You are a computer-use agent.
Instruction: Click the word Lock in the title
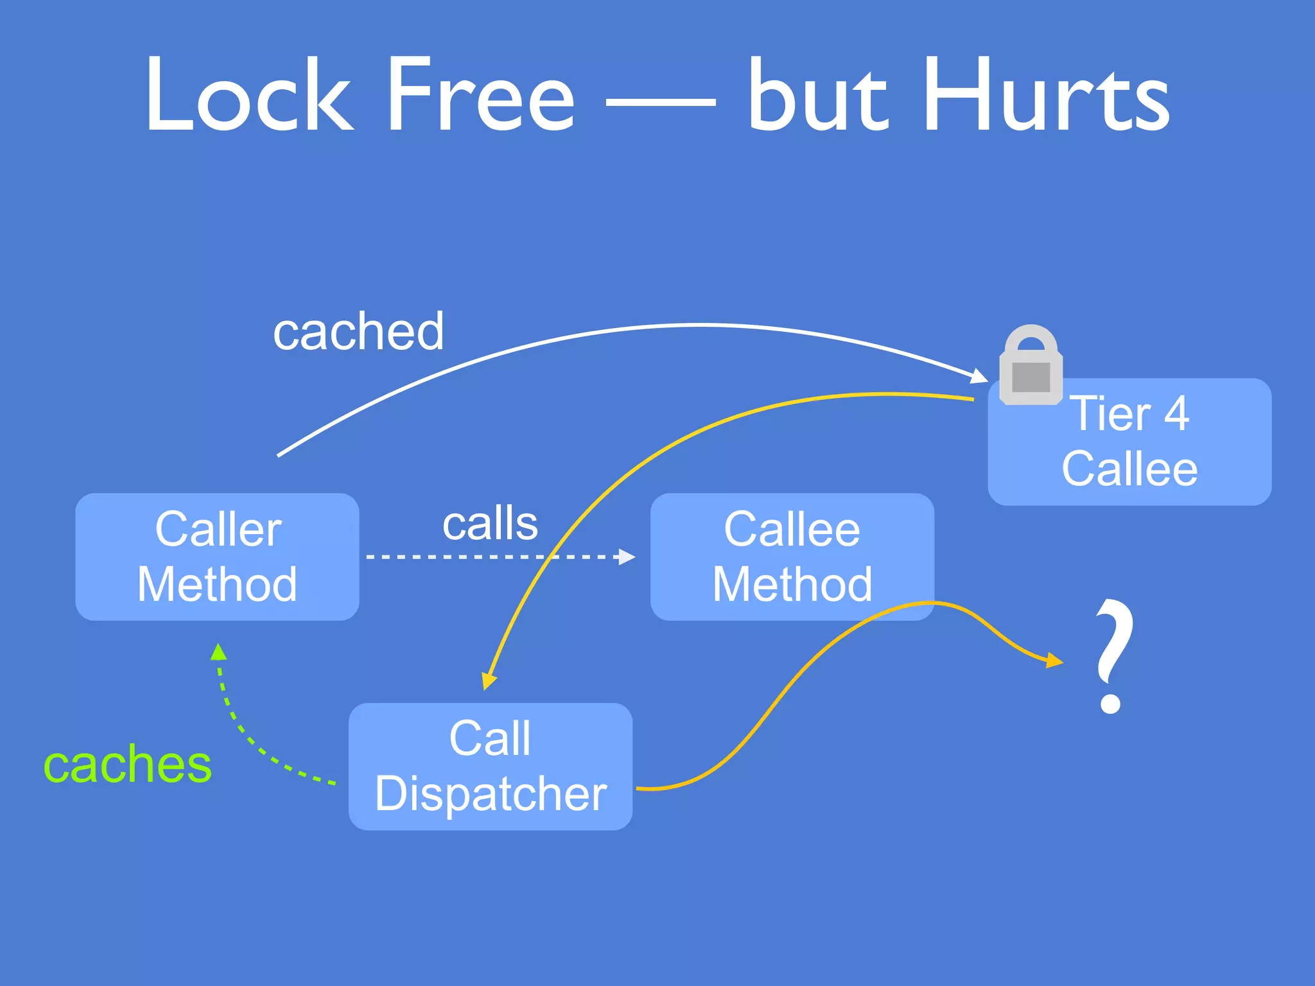coord(249,95)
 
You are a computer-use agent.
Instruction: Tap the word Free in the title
coord(480,95)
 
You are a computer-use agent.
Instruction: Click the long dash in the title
coord(661,102)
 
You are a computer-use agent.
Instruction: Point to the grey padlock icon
coord(1031,366)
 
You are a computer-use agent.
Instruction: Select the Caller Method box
coord(217,557)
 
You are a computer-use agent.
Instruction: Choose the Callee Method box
coord(792,557)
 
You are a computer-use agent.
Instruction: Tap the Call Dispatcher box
coord(490,766)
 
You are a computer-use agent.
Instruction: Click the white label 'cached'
coord(358,331)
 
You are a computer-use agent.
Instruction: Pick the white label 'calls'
coord(490,523)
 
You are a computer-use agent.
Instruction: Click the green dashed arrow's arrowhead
coord(219,652)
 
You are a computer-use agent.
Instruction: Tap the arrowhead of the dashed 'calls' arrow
coord(626,557)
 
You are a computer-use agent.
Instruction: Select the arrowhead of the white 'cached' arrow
coord(979,376)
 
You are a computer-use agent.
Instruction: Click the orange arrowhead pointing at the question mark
coord(1054,660)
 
